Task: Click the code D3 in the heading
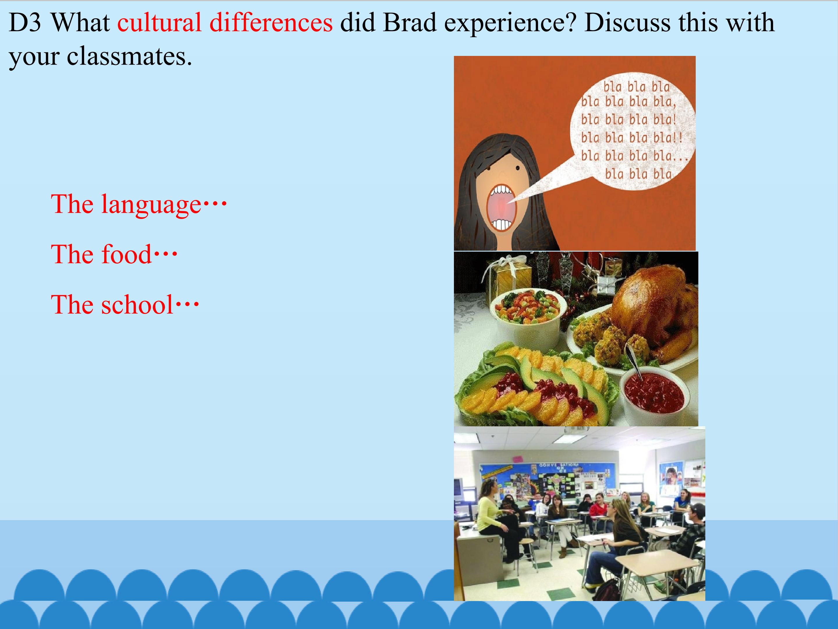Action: (x=25, y=22)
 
